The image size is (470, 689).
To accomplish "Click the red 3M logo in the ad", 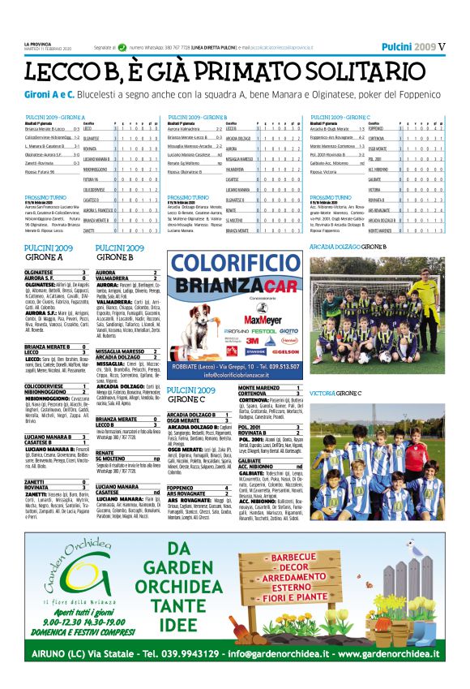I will point(239,343).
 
